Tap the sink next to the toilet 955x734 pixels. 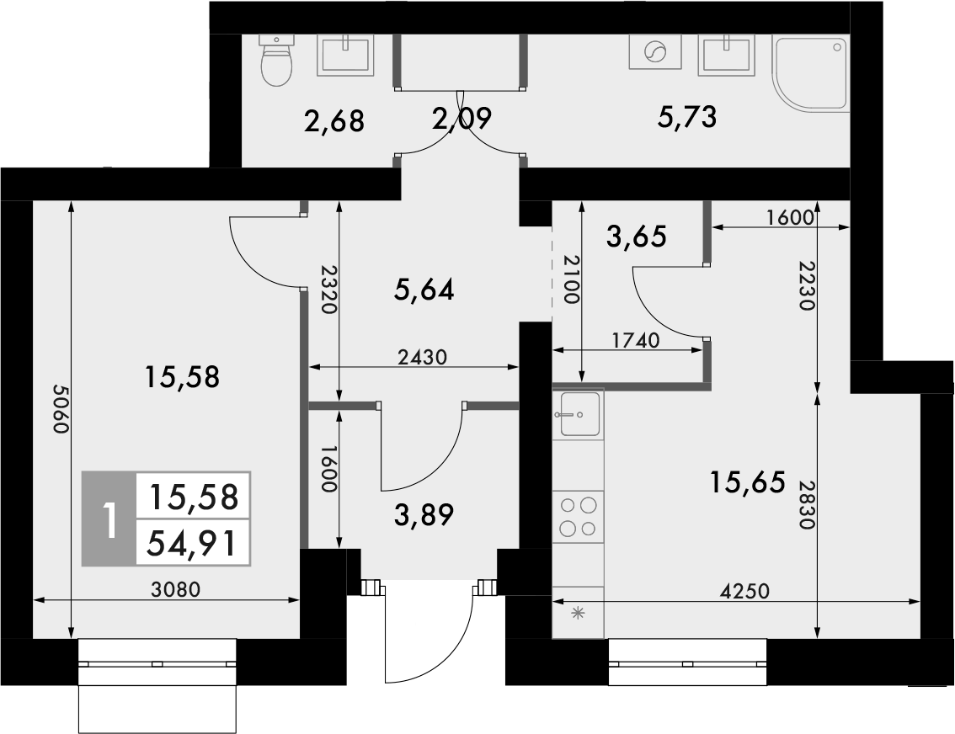pyautogui.click(x=345, y=56)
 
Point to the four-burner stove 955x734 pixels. pyautogui.click(x=579, y=517)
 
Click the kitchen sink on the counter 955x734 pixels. pyautogui.click(x=579, y=413)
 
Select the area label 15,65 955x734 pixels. pyautogui.click(x=747, y=482)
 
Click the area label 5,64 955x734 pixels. pyautogui.click(x=424, y=290)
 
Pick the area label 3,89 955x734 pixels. pyautogui.click(x=424, y=513)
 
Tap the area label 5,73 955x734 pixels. pyautogui.click(x=686, y=118)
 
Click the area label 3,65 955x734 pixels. pyautogui.click(x=637, y=237)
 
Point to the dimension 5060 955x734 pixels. pyautogui.click(x=59, y=409)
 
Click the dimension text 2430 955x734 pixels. pyautogui.click(x=422, y=356)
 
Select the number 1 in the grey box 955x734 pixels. pyautogui.click(x=108, y=519)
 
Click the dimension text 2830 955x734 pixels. pyautogui.click(x=807, y=505)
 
